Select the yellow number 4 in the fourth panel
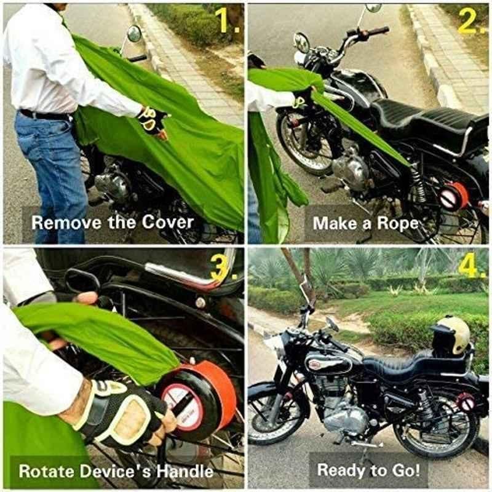coord(467,268)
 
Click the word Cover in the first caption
coord(167,222)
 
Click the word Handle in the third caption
coord(185,471)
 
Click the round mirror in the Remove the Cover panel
coord(134,34)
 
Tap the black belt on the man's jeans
coord(44,115)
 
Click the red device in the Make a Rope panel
coord(454,196)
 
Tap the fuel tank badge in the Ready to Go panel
coord(315,363)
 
